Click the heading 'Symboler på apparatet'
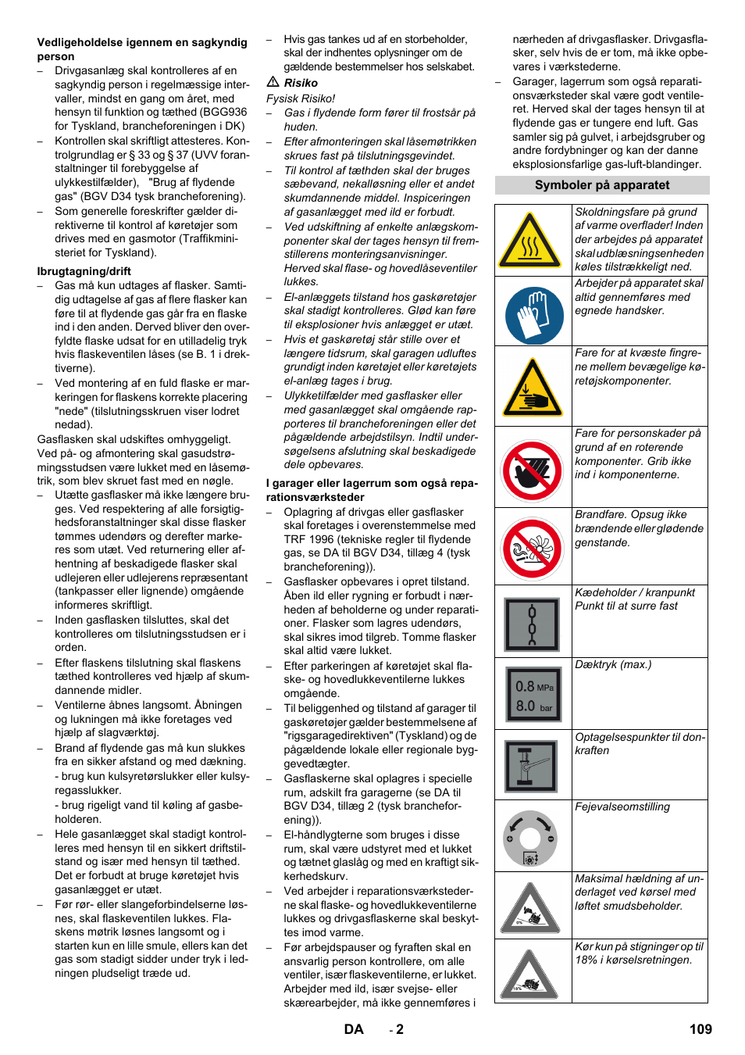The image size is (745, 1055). click(x=602, y=185)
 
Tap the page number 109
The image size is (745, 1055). click(x=700, y=1029)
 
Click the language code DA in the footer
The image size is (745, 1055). click(x=354, y=1029)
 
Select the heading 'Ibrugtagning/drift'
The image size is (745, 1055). click(x=84, y=271)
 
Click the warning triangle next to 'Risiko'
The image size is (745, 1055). click(x=273, y=82)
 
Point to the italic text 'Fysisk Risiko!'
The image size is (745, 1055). click(x=301, y=98)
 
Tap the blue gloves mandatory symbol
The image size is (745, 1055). click(x=534, y=316)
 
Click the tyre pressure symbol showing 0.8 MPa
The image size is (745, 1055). click(x=533, y=695)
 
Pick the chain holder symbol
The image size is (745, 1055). click(x=532, y=624)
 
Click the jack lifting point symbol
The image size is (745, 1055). click(x=532, y=766)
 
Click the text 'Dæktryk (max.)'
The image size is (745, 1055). click(x=613, y=665)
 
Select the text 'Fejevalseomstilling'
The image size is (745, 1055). click(x=622, y=807)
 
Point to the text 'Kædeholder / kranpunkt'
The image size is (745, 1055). click(x=635, y=592)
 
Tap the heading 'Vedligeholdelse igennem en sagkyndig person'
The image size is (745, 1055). click(x=142, y=49)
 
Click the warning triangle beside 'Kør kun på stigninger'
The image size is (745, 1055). click(x=529, y=975)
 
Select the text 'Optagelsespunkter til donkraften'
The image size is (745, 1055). click(x=640, y=744)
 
